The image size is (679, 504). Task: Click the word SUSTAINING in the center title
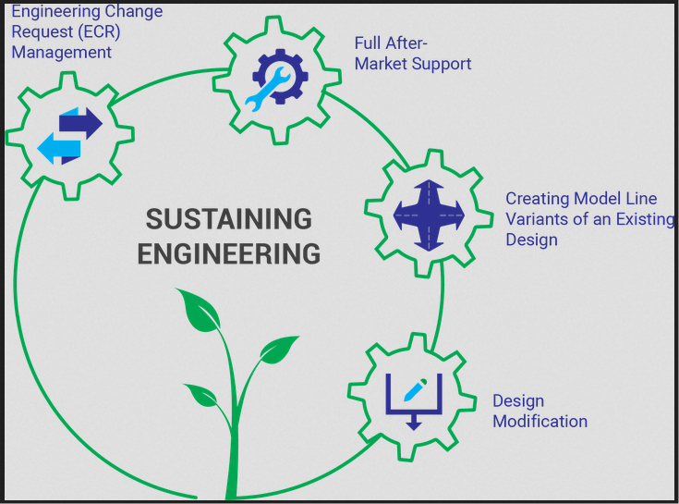pyautogui.click(x=228, y=220)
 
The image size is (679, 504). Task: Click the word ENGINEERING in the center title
pyautogui.click(x=228, y=253)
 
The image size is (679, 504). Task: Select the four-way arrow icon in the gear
pyautogui.click(x=425, y=215)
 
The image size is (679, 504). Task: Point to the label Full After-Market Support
pyautogui.click(x=412, y=54)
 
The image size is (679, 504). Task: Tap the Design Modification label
pyautogui.click(x=540, y=412)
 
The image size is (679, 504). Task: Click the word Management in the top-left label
pyautogui.click(x=61, y=53)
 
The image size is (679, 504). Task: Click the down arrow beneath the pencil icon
pyautogui.click(x=412, y=421)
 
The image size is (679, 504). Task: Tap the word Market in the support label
pyautogui.click(x=380, y=64)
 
